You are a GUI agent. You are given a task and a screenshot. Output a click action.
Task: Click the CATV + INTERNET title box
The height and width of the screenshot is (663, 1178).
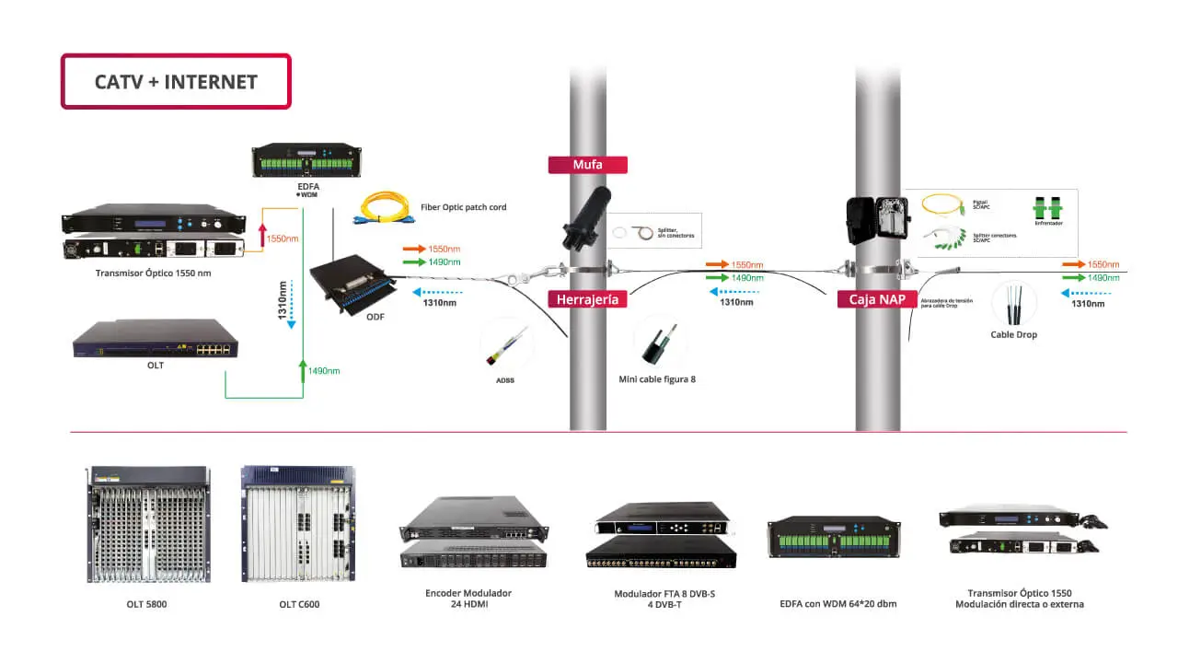pyautogui.click(x=176, y=81)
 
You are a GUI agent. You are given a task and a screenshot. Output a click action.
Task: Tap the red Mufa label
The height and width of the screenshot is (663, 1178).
pyautogui.click(x=587, y=165)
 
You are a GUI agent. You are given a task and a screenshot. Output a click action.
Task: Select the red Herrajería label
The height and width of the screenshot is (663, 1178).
pyautogui.click(x=587, y=299)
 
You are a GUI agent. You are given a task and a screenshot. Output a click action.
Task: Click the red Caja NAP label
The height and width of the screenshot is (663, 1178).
pyautogui.click(x=876, y=299)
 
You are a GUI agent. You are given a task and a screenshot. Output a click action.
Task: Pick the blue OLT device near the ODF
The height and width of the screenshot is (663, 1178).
pyautogui.click(x=156, y=339)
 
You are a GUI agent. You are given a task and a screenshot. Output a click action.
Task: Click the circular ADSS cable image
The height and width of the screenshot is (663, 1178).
pyautogui.click(x=505, y=344)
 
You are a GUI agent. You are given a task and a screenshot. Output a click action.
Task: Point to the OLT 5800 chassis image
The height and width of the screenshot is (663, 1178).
pyautogui.click(x=149, y=525)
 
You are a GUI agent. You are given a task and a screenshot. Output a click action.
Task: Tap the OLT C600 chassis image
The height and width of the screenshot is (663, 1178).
pyautogui.click(x=298, y=525)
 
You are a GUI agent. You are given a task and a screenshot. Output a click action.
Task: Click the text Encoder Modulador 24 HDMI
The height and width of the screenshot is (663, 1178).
pyautogui.click(x=468, y=599)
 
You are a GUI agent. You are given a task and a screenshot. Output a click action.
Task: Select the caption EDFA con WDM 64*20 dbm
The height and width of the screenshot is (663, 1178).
pyautogui.click(x=837, y=604)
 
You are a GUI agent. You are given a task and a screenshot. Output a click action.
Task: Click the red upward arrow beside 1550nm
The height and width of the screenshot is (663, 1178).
pyautogui.click(x=261, y=234)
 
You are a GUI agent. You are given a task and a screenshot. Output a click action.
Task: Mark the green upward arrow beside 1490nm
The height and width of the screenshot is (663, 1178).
pyautogui.click(x=303, y=370)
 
